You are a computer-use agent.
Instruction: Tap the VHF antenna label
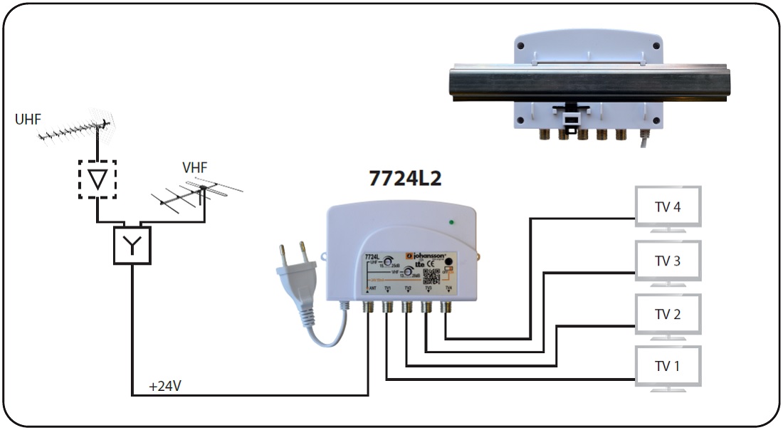coord(194,168)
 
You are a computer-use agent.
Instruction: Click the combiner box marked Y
coord(132,246)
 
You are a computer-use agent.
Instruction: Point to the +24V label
coord(165,387)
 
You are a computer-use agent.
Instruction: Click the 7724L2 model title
coord(405,179)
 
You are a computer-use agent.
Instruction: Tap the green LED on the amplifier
coord(451,223)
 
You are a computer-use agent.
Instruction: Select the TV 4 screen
coord(667,207)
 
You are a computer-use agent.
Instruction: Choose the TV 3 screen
coord(667,261)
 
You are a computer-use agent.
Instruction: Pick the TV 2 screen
coord(667,314)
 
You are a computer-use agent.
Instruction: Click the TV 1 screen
coord(667,367)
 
